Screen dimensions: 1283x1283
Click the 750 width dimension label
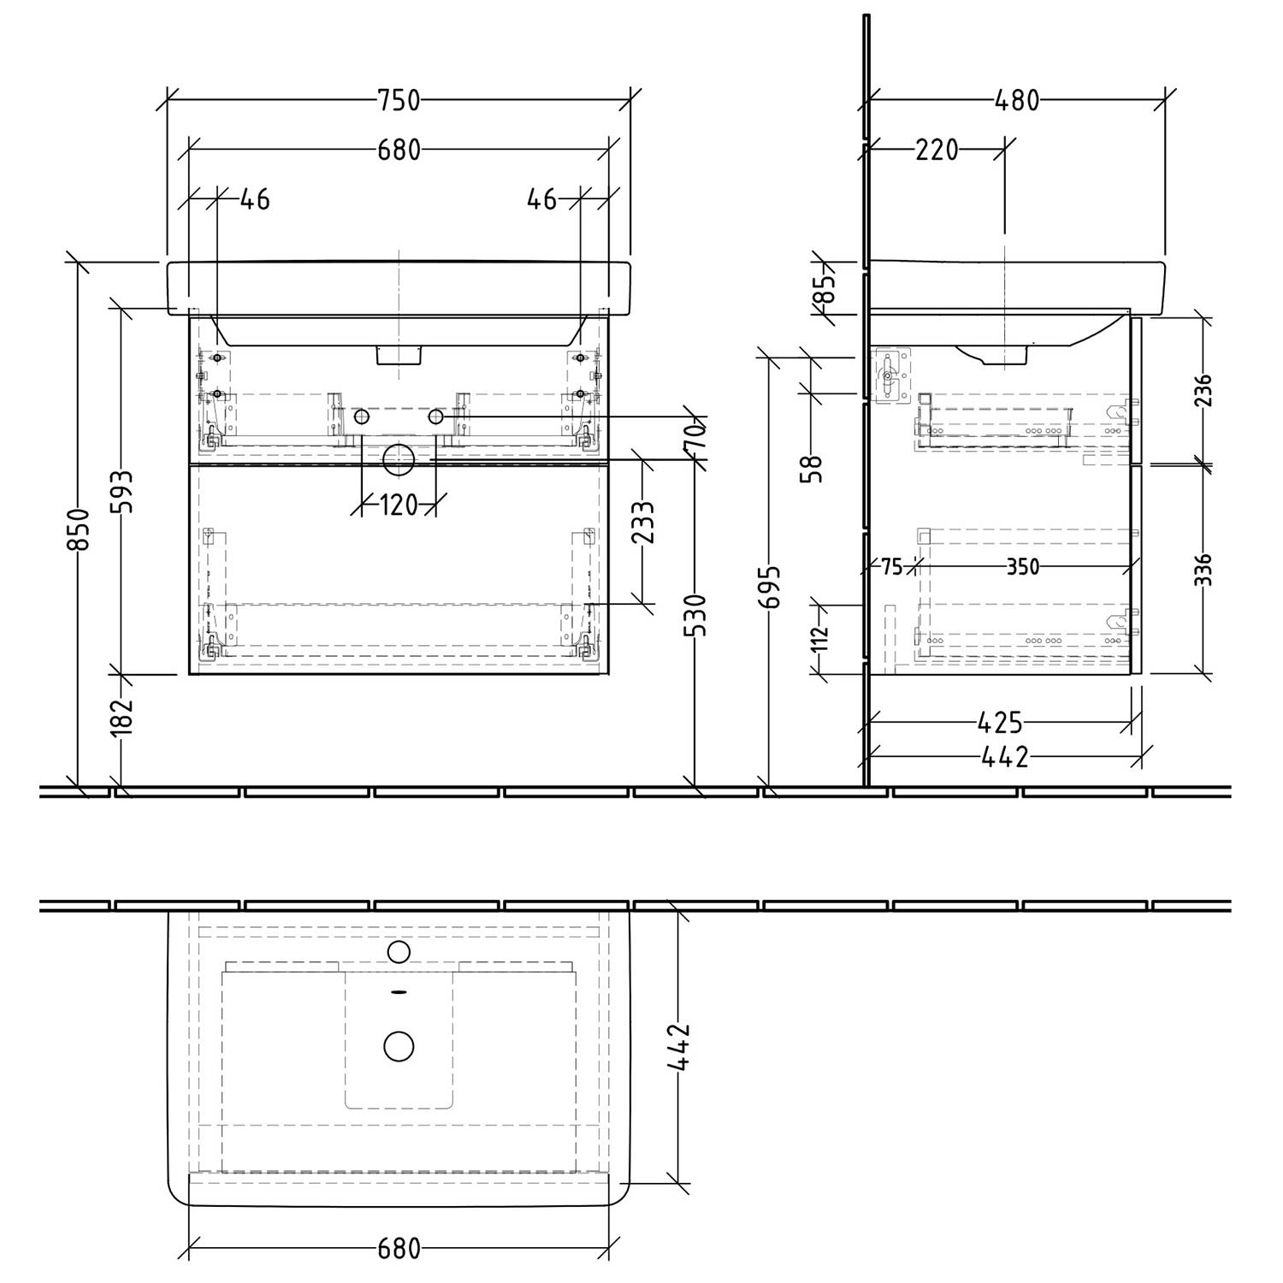(x=399, y=100)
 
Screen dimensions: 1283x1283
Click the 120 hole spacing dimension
(x=398, y=506)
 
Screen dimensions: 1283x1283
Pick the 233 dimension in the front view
(x=642, y=523)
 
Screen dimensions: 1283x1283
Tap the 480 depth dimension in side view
(x=1017, y=101)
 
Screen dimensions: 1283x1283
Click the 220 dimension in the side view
(x=937, y=151)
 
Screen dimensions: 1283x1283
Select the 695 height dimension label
(x=772, y=587)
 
